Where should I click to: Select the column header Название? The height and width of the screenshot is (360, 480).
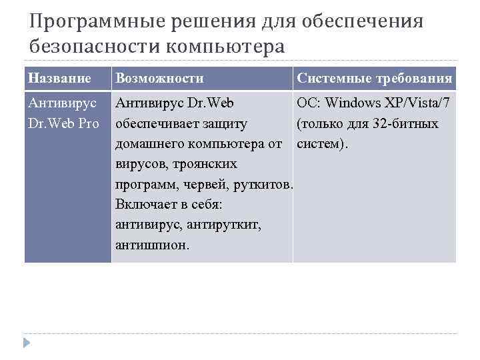click(x=59, y=79)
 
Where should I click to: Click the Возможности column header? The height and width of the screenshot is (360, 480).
click(x=159, y=79)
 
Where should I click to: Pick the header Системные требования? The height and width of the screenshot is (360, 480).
click(x=375, y=79)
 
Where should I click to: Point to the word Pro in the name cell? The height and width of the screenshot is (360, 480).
click(x=88, y=124)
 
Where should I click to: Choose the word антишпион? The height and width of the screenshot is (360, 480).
click(x=152, y=245)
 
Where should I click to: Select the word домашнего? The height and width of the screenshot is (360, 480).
click(x=149, y=144)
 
